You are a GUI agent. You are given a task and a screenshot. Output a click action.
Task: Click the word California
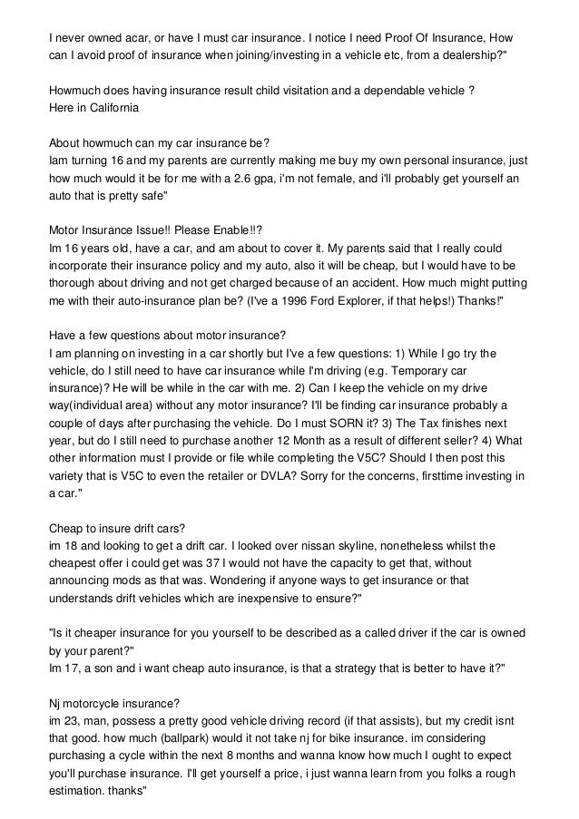[106, 109]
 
